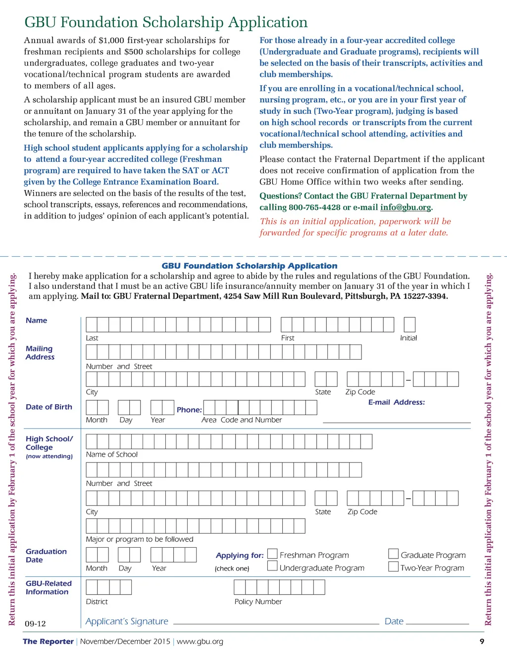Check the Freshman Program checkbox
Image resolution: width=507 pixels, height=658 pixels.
point(272,554)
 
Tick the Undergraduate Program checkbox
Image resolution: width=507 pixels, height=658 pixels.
point(272,566)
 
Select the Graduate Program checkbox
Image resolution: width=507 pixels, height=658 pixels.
point(393,554)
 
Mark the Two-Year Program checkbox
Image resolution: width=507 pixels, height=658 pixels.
point(393,566)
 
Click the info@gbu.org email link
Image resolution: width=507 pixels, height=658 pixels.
point(406,207)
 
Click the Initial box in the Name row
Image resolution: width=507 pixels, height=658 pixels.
point(409,325)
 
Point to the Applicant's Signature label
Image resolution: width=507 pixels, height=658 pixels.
point(127,621)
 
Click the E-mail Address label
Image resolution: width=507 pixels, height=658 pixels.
point(396,402)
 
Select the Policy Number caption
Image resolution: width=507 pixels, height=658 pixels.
point(258,602)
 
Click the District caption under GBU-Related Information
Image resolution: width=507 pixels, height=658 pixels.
point(97,602)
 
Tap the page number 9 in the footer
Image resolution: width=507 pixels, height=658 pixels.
point(482,642)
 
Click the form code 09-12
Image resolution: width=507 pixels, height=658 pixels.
point(35,623)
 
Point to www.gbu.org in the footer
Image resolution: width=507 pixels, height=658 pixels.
point(200,642)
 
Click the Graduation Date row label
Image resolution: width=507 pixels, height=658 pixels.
point(46,556)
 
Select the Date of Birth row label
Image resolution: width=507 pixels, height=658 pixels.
point(49,407)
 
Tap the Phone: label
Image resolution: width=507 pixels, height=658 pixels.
point(189,410)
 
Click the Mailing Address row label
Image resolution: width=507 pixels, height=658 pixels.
point(40,353)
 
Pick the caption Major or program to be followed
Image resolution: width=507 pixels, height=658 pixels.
point(140,539)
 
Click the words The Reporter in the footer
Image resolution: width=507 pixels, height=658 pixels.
point(48,642)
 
